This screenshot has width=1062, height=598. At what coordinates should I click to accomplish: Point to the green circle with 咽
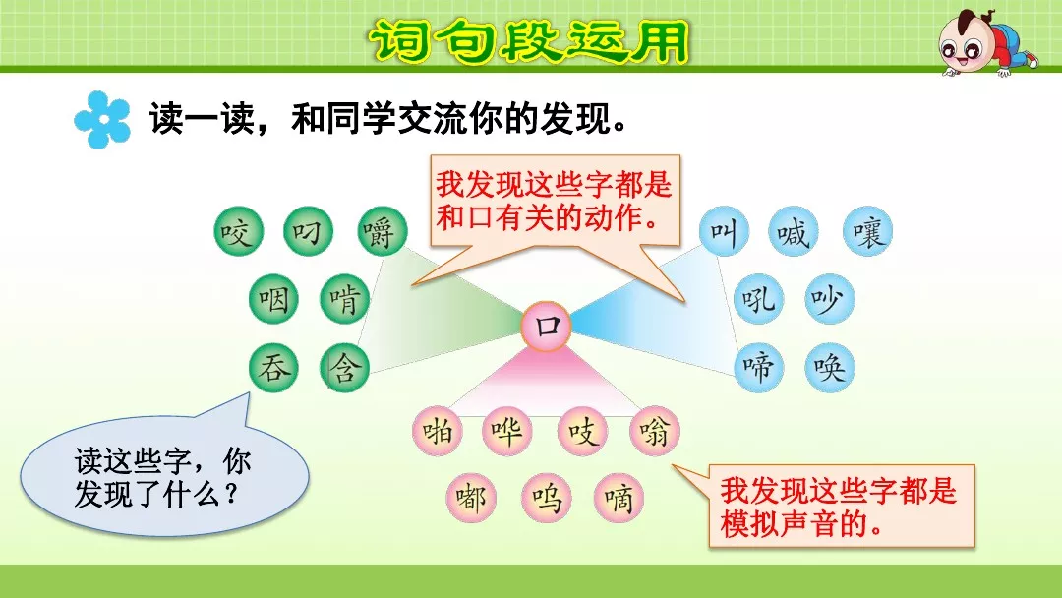pos(273,299)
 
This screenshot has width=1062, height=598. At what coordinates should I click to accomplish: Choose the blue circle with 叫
pos(724,232)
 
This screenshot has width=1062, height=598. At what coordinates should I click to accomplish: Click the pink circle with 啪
pos(437,431)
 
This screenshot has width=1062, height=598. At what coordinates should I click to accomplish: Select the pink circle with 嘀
pos(618,498)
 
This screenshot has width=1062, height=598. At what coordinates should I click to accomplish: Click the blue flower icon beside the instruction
pos(102,120)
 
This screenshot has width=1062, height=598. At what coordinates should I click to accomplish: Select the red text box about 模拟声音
pos(841,506)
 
